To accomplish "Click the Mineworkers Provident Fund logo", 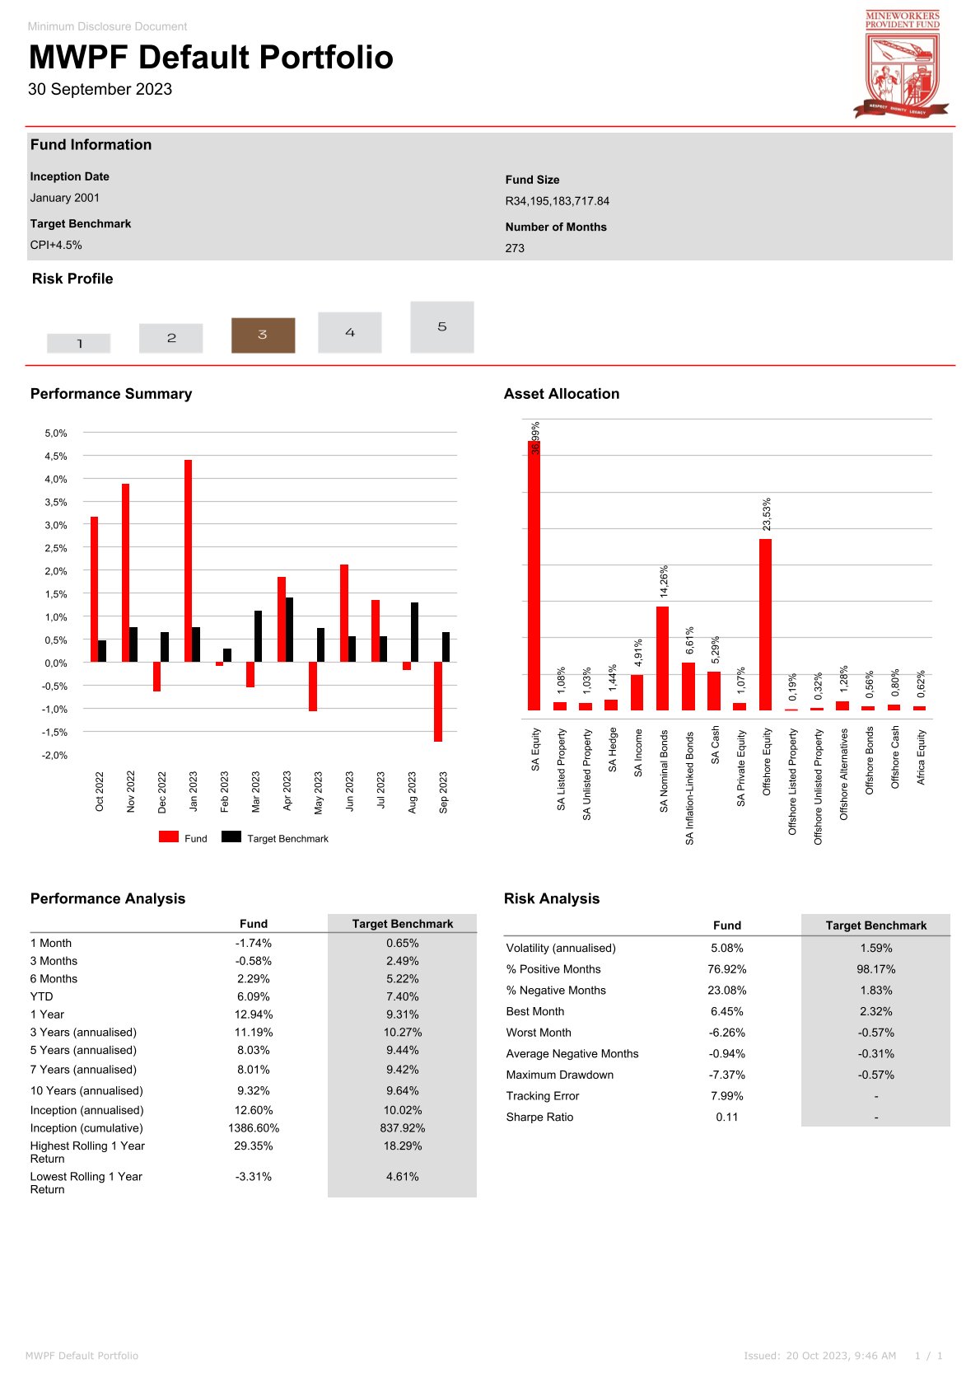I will click(902, 64).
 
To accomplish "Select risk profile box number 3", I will click(263, 335).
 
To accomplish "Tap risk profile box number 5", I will click(442, 327).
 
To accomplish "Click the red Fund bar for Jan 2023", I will click(189, 560).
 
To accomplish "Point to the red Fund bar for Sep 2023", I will click(438, 701).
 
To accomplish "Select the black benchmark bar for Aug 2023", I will click(415, 632).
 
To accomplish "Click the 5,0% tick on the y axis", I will click(56, 433).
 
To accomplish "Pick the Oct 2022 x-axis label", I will click(100, 792).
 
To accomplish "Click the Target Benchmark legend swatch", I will click(231, 837).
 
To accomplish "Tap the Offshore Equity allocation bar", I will click(766, 625).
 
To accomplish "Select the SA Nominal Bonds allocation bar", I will click(663, 658).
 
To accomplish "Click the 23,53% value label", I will click(767, 514).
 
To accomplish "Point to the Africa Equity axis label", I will click(922, 757).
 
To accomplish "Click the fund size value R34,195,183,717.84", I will click(558, 201).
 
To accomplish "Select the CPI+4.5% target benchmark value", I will click(56, 245).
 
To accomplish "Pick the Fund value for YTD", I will click(254, 996).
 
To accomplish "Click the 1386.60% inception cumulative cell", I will click(254, 1128).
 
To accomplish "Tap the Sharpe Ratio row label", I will click(539, 1118).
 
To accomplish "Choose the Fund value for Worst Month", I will click(727, 1033).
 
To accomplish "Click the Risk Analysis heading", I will click(552, 899).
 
